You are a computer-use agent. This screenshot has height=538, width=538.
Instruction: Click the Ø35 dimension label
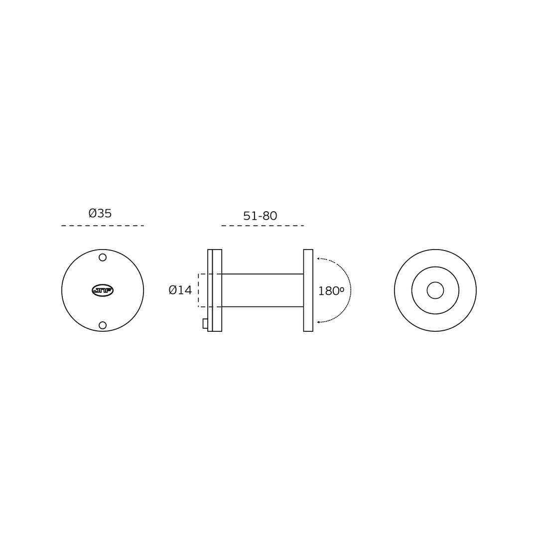pos(100,213)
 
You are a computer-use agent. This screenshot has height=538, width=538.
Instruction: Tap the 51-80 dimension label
pos(260,216)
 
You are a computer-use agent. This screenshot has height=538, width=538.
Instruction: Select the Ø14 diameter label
pos(180,290)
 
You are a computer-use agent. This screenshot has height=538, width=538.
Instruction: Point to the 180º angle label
pos(331,291)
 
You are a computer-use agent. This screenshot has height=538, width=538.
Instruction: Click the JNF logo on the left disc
pos(103,290)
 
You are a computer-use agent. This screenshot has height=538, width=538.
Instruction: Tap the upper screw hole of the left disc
pos(103,258)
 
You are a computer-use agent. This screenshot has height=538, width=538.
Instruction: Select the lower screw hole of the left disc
pos(103,325)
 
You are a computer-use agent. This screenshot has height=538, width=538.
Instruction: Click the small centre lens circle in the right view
pos(435,290)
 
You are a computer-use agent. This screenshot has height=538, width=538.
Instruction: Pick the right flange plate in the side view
pos(308,290)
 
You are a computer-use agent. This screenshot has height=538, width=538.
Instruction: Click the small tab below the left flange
pos(205,324)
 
